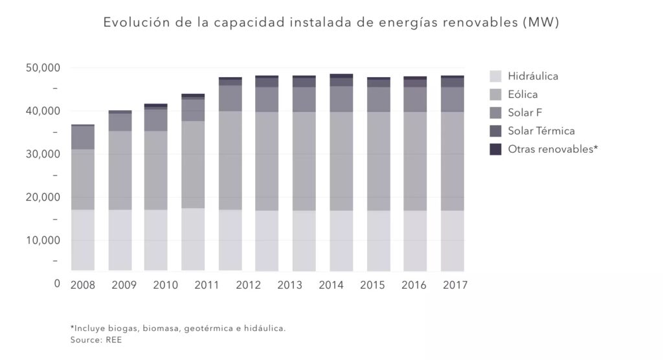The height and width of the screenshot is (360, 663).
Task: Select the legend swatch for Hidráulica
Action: [495, 76]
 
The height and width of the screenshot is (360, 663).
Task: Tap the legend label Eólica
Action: [523, 95]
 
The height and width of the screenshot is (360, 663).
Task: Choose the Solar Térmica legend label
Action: [541, 131]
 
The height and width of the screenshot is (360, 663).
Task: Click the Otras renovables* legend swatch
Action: [495, 149]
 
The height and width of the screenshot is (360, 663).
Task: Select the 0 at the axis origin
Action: [57, 284]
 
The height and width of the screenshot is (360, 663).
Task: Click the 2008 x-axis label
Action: [82, 285]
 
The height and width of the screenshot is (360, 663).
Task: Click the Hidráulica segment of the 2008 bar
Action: [82, 240]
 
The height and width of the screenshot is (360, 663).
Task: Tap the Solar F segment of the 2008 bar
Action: [82, 137]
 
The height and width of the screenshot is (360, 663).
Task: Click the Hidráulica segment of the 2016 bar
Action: [415, 240]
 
